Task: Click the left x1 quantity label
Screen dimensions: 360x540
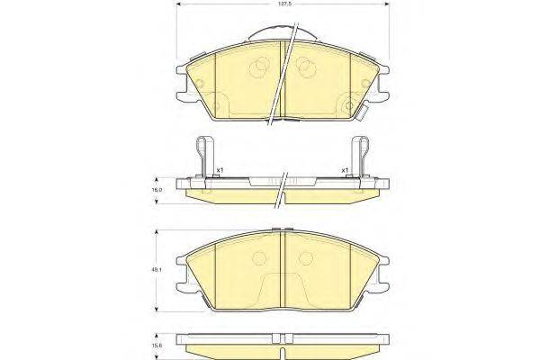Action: click(220, 169)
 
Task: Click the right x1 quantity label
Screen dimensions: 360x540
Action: click(344, 169)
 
